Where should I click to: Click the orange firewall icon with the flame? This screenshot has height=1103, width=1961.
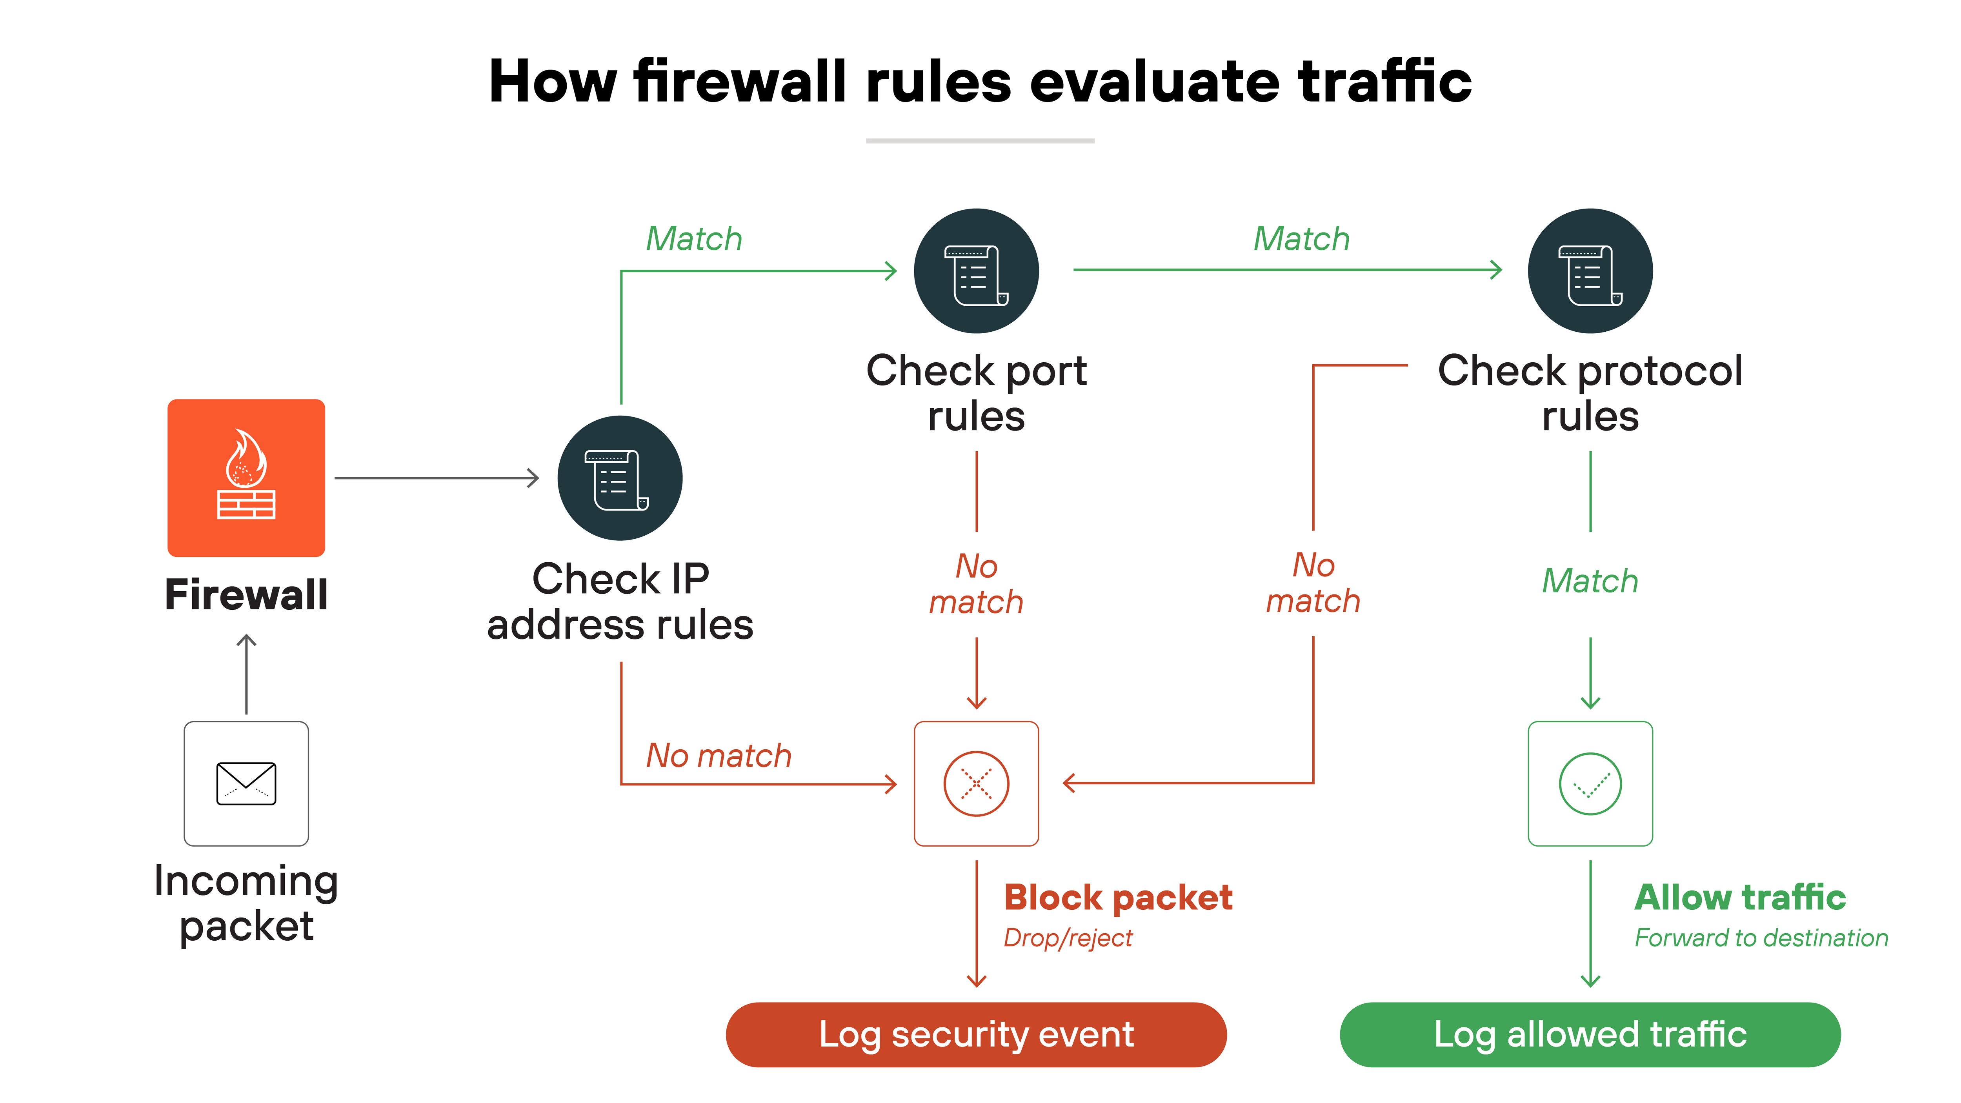pyautogui.click(x=246, y=477)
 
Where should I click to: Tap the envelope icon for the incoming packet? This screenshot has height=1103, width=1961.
pyautogui.click(x=246, y=783)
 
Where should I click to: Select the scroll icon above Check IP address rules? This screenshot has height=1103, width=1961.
pyautogui.click(x=620, y=478)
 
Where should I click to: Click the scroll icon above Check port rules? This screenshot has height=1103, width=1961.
pyautogui.click(x=976, y=271)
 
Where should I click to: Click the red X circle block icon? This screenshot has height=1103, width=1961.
pyautogui.click(x=976, y=783)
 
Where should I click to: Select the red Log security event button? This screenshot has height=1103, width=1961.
pyautogui.click(x=976, y=1034)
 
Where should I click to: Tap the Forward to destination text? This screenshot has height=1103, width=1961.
pyautogui.click(x=1761, y=938)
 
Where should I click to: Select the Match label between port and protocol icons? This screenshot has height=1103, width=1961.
pyautogui.click(x=1301, y=239)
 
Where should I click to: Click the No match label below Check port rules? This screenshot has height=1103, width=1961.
pyautogui.click(x=976, y=584)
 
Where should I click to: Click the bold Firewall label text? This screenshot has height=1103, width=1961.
pyautogui.click(x=246, y=594)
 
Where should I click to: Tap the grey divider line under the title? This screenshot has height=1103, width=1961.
pyautogui.click(x=980, y=141)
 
